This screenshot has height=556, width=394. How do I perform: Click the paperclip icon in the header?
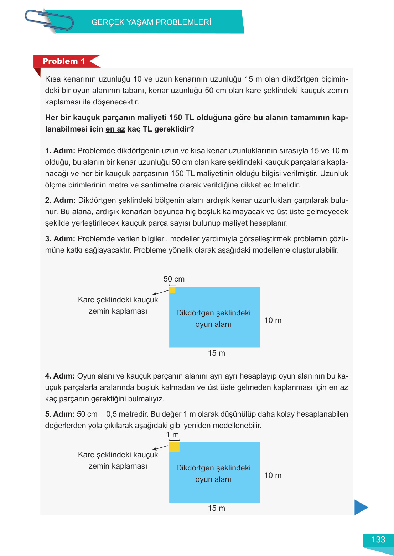coord(49,20)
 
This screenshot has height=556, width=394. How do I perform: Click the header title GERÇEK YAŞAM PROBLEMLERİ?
coord(151,22)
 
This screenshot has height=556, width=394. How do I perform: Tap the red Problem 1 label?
coord(64,61)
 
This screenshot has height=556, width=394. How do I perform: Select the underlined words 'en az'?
coord(115,129)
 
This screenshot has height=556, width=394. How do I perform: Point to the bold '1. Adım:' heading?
coord(60,151)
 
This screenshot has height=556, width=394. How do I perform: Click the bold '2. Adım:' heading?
coord(60,200)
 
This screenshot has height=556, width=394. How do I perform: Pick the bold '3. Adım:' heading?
coord(60,239)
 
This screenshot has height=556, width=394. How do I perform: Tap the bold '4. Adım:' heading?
coord(60,376)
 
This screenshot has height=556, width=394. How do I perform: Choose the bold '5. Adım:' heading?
coord(60,414)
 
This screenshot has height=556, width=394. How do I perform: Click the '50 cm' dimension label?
coord(174,279)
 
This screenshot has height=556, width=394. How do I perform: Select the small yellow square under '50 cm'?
coord(172,290)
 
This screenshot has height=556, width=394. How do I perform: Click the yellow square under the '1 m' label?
coord(174,447)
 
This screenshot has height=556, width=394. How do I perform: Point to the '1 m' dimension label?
coord(172,435)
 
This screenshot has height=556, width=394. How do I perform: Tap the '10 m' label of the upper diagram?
coord(273,320)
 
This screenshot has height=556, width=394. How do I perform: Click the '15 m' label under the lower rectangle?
coord(217,508)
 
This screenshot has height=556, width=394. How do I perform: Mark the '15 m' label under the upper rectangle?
coord(217,353)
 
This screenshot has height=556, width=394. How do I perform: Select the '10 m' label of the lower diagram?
coord(273,475)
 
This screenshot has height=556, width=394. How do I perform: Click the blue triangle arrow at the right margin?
coord(361,507)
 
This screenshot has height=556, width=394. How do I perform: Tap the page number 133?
coord(378,540)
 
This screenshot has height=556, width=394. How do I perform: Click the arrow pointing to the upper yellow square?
coord(161,292)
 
